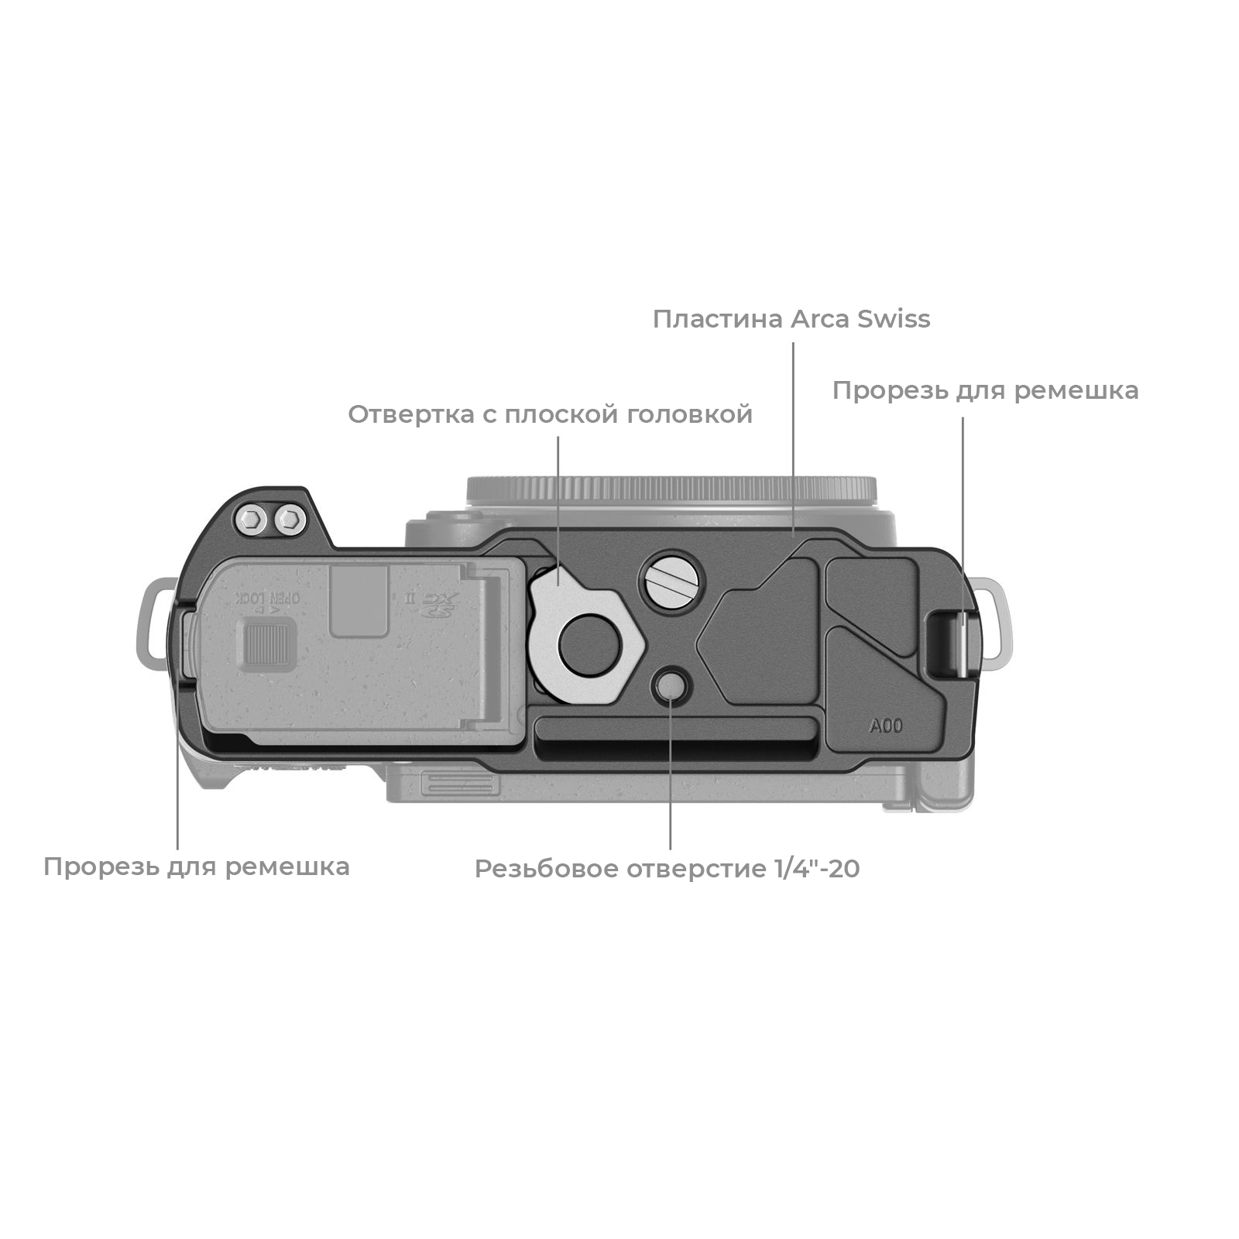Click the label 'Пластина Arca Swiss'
791,319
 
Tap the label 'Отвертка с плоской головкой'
550,414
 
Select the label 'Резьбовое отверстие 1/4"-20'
667,869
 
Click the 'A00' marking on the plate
886,726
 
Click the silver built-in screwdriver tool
587,634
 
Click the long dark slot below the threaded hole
676,739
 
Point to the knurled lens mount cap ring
671,490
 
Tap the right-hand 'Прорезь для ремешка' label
985,391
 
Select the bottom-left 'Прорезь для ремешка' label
197,867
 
